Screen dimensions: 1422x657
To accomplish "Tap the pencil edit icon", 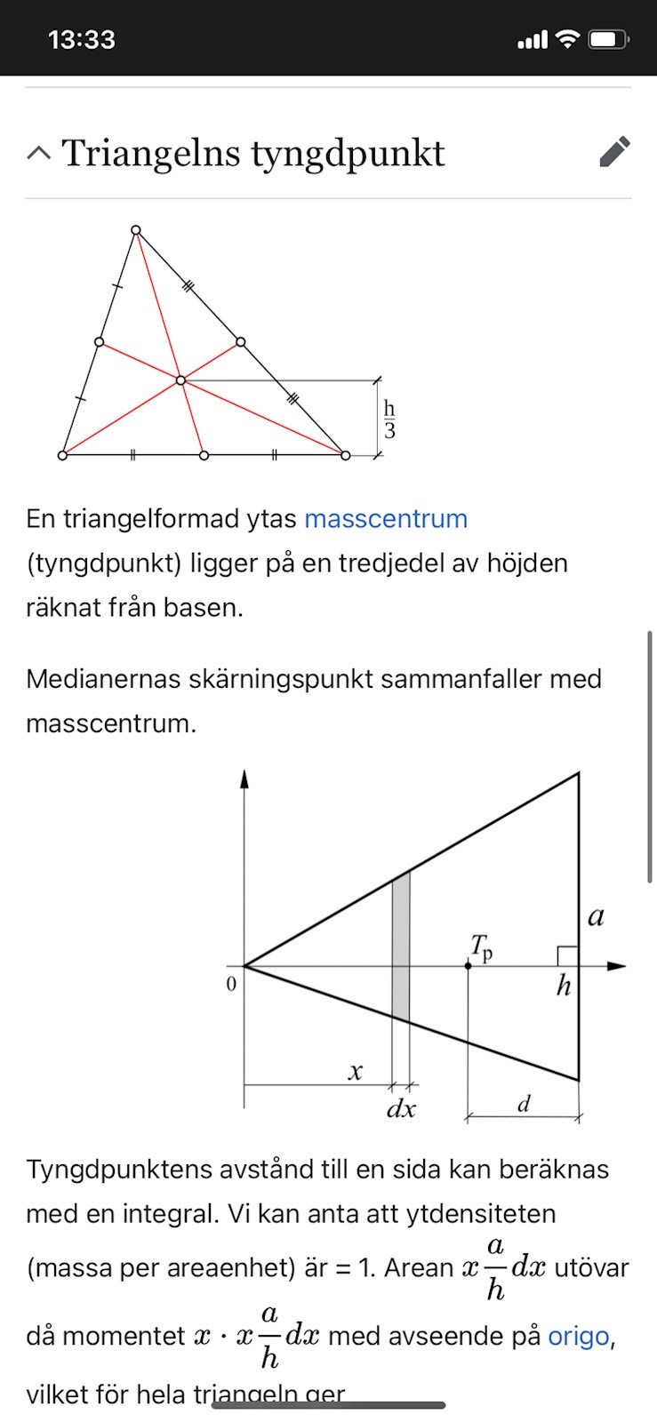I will coord(615,152).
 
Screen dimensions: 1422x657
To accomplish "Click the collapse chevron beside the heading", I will coord(39,153).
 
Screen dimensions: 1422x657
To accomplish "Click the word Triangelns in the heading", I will coord(150,153).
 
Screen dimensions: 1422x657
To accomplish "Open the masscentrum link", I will coord(386,518).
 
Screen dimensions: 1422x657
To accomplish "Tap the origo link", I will coord(578,1336).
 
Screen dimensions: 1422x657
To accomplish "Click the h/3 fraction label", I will coord(389,419).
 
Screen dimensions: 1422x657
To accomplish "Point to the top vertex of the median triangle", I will coord(136,230).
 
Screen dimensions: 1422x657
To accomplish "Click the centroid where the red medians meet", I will coord(180,380).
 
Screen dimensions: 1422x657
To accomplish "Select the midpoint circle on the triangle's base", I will coord(204,455).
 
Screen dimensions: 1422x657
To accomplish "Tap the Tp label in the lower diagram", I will coord(481,948).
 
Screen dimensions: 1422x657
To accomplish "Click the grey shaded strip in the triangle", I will coord(401,947).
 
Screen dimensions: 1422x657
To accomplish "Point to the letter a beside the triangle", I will coord(597,916).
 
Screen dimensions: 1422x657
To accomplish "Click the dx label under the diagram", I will coord(401,1109).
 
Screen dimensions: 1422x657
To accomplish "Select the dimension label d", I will coord(524,1104).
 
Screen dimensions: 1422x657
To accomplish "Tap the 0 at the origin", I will coord(231,984).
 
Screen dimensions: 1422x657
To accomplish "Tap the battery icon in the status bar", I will coord(609,39).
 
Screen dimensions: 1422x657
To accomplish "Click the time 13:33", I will coord(82,40).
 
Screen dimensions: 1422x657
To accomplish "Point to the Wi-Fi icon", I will coord(566,39).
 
